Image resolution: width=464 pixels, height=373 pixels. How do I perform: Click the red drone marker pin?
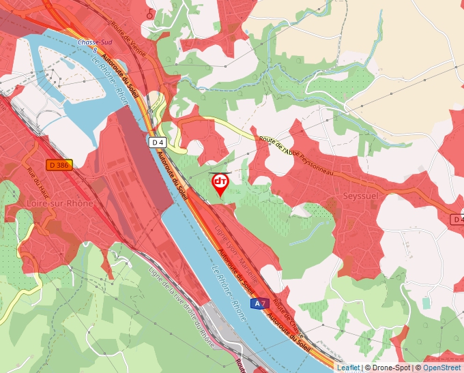tap(220, 183)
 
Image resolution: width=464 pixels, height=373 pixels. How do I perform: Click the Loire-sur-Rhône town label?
tap(59, 203)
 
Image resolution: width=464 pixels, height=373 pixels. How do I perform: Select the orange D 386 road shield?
tap(59, 165)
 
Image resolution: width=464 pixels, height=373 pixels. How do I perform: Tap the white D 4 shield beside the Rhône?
tap(158, 142)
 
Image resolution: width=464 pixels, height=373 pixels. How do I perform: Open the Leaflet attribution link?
tap(348, 368)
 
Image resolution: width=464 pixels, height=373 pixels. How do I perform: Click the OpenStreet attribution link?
tap(443, 368)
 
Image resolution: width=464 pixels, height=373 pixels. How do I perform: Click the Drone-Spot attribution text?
tap(391, 368)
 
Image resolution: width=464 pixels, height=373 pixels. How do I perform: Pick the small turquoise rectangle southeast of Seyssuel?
tap(426, 302)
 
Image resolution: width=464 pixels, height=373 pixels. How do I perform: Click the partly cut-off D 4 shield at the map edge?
tap(457, 220)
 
